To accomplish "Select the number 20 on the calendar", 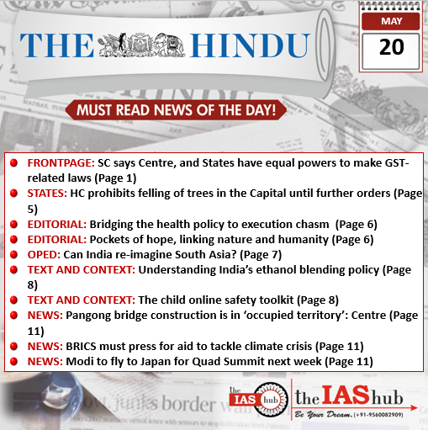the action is (391, 47).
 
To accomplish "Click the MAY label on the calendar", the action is (391, 19).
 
